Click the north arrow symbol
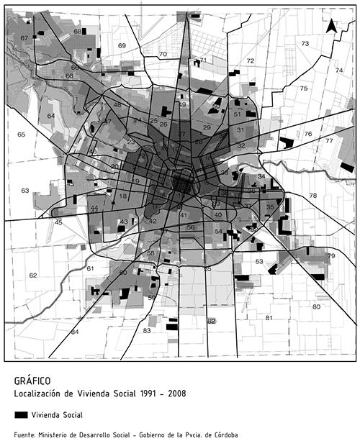click(330, 27)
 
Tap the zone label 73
click(305, 44)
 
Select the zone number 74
click(338, 71)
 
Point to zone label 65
click(22, 135)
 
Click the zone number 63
click(24, 191)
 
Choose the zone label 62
click(32, 276)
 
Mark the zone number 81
click(269, 318)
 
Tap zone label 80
click(315, 307)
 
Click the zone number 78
click(312, 196)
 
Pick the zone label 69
click(122, 46)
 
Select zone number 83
click(147, 331)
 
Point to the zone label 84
click(75, 332)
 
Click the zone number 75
click(303, 88)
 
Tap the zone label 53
click(259, 262)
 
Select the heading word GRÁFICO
click(32, 381)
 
